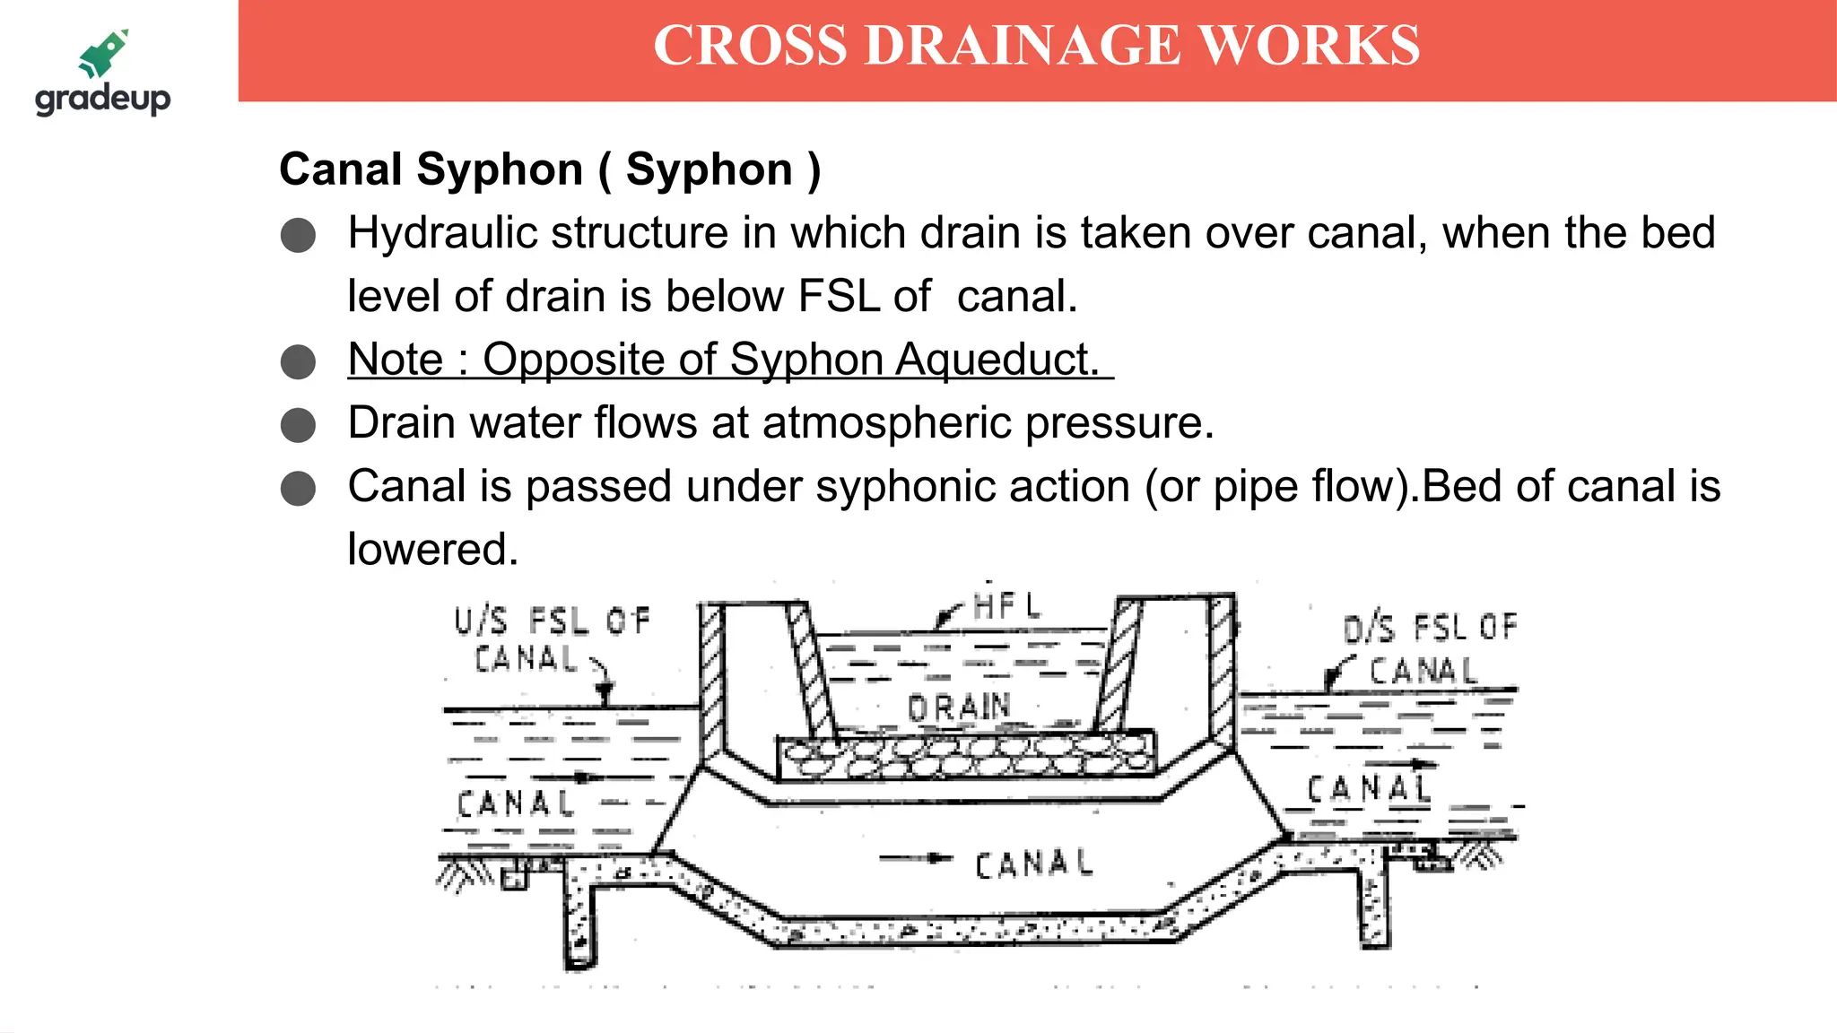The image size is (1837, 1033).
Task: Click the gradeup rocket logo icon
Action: click(104, 53)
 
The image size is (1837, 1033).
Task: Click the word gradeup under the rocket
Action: click(102, 98)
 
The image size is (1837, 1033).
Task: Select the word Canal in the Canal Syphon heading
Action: click(341, 169)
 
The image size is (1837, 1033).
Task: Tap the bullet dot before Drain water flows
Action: click(298, 425)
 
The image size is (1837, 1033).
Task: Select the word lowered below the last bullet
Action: click(432, 549)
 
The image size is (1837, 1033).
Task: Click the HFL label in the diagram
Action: click(1007, 606)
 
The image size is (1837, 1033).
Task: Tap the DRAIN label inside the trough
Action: click(959, 707)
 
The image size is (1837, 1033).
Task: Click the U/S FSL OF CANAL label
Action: click(551, 638)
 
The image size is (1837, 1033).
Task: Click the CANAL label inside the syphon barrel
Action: click(1033, 864)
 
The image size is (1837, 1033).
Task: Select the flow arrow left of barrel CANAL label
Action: click(914, 858)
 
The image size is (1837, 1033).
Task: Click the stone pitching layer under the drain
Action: click(965, 755)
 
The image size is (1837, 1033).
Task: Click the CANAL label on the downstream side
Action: click(1367, 789)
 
